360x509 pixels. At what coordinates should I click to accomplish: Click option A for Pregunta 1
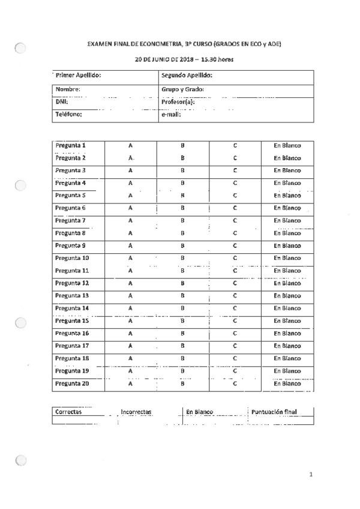click(130, 145)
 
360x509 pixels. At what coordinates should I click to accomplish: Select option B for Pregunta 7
click(182, 220)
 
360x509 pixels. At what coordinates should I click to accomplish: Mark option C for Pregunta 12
click(235, 283)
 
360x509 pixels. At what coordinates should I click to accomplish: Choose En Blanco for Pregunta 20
click(287, 383)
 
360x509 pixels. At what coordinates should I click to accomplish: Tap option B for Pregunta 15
click(182, 321)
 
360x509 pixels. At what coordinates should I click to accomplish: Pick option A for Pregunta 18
click(130, 358)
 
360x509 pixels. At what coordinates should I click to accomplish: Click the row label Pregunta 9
click(70, 245)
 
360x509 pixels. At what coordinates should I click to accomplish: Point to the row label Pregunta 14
click(72, 308)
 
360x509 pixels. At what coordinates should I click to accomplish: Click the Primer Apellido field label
click(78, 76)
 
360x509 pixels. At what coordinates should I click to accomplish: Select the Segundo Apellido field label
click(187, 76)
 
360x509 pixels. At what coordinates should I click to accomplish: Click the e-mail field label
click(171, 114)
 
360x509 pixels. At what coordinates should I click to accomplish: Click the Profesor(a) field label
click(178, 102)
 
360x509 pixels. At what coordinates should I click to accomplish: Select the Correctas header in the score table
click(68, 411)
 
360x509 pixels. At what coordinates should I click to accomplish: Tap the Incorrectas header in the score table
click(136, 412)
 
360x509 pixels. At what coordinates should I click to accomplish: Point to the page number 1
click(311, 475)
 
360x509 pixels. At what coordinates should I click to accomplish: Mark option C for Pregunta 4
click(235, 182)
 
